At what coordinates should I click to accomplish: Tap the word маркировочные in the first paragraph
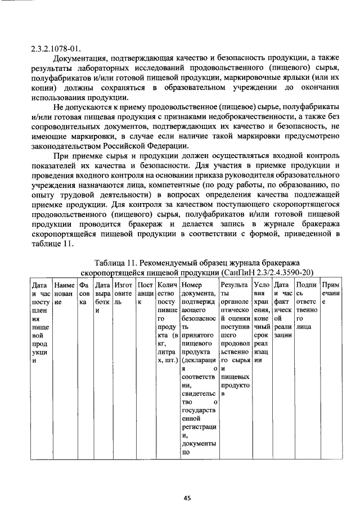[258, 79]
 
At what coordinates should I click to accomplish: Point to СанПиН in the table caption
[237, 273]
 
